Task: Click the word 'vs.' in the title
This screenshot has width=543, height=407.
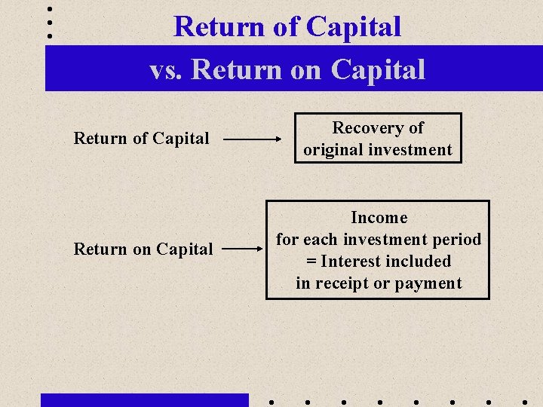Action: pos(167,70)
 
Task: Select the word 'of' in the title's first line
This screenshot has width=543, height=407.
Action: pos(286,27)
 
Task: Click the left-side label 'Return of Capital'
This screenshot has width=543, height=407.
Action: pos(141,139)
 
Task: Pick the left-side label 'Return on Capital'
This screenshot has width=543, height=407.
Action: pos(143,249)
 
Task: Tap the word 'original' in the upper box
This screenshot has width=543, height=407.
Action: pos(332,150)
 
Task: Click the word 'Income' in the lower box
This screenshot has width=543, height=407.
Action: pos(379,218)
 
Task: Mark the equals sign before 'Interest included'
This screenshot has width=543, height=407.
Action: pos(311,262)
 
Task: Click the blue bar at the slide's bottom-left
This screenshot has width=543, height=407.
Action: pos(144,400)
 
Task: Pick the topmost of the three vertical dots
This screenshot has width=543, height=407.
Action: pos(50,9)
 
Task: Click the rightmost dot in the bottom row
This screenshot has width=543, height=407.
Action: pos(523,402)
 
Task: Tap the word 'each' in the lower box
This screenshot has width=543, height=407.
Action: pos(320,240)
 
